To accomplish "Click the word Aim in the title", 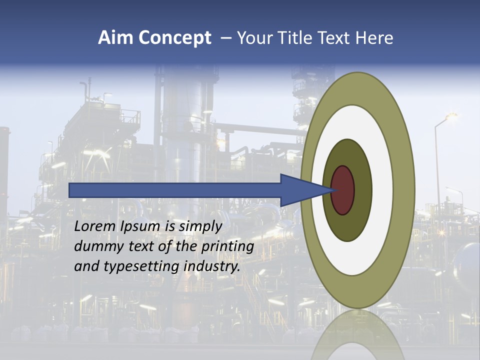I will click(x=115, y=38).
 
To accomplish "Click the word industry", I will click(x=212, y=266).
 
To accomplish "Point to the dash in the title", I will click(x=226, y=38).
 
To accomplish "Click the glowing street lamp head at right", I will click(x=451, y=116).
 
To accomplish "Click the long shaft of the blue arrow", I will click(x=175, y=190).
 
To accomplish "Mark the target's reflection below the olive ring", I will click(x=357, y=335).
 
